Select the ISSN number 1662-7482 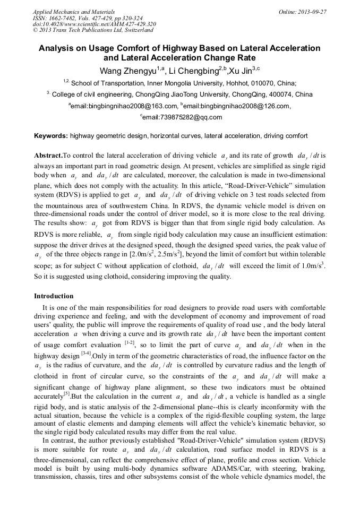pos(67,18)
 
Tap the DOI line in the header pos(95,24)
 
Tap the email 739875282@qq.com pos(182,117)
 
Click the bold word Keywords pos(51,136)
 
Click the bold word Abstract pos(48,156)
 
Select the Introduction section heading pos(54,296)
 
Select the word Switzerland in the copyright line pos(135,31)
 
